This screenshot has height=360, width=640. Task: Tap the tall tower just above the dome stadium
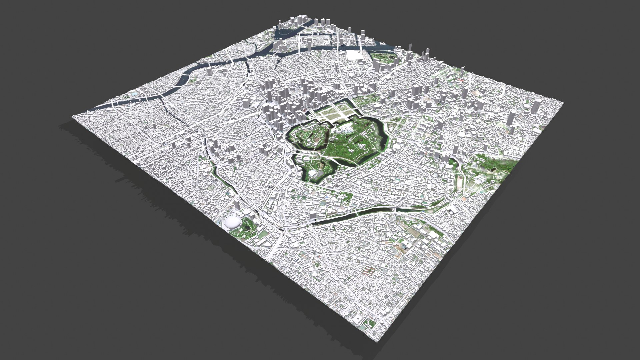coord(237,204)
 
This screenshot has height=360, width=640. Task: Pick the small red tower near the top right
coord(462,80)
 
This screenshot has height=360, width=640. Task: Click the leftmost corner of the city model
coord(73,117)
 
